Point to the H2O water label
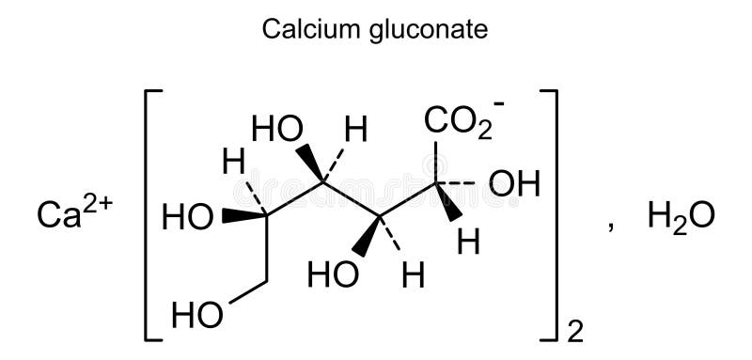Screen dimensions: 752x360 681,217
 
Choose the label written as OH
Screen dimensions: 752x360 514,184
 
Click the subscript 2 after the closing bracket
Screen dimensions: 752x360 576,330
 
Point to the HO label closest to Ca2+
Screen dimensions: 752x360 187,218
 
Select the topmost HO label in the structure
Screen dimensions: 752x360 275,130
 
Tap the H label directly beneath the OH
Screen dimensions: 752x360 468,243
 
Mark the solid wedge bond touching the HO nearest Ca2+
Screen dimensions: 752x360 243,216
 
